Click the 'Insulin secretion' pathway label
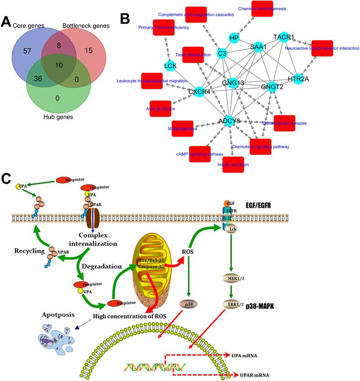point(233,165)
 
